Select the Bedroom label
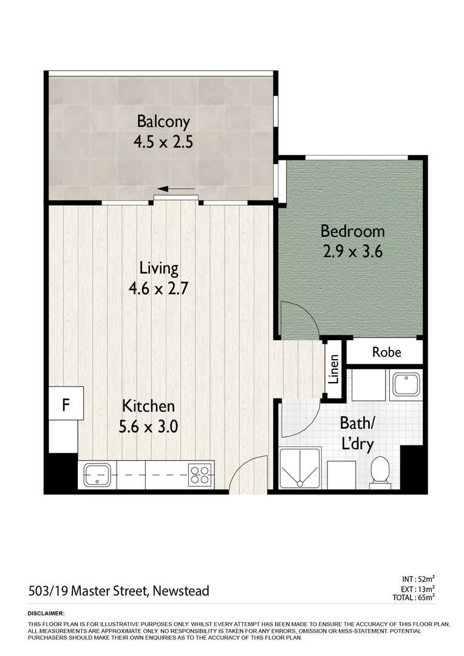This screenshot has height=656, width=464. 352,231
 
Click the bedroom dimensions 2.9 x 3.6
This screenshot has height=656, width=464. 352,251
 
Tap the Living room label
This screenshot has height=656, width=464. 159,267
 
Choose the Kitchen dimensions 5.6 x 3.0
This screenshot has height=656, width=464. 149,426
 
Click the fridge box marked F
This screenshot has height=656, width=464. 66,405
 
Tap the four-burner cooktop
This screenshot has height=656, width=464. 200,473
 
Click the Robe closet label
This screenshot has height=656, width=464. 386,352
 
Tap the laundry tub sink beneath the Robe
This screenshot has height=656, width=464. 403,384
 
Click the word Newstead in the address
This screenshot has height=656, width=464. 180,590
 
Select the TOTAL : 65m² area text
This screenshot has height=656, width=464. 414,598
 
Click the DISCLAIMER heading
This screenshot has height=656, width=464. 46,614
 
